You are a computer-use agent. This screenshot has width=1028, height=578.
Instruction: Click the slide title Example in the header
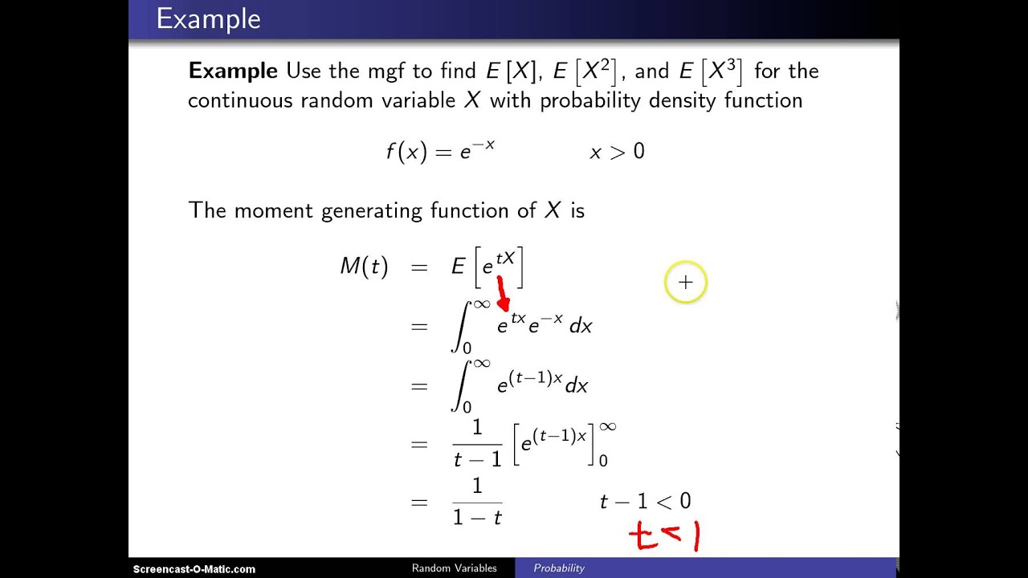[208, 20]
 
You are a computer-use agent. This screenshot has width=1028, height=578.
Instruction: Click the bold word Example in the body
[233, 71]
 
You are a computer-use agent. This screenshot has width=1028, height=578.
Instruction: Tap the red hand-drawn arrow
[503, 294]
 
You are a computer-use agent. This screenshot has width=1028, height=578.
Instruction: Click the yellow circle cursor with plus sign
[686, 282]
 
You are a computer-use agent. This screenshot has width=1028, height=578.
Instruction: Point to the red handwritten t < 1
[664, 535]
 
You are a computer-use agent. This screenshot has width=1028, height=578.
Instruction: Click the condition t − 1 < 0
[645, 502]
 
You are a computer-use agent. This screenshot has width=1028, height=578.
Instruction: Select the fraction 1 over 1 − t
[477, 502]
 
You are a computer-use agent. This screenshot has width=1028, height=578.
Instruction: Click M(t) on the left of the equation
[365, 266]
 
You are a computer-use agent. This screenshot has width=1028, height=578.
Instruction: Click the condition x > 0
[618, 152]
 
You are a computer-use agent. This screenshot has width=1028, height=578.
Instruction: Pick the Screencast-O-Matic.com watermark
[194, 569]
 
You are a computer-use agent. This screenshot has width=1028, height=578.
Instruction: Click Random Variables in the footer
[455, 568]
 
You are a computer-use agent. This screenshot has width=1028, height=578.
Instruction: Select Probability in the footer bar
[559, 568]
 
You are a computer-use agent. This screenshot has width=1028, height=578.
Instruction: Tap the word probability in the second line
[590, 101]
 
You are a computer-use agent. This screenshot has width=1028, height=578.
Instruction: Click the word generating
[371, 211]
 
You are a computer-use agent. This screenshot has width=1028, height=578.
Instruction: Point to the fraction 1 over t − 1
[477, 443]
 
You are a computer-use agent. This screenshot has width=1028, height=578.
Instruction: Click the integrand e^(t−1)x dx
[542, 384]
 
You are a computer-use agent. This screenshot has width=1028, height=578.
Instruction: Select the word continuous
[240, 101]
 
